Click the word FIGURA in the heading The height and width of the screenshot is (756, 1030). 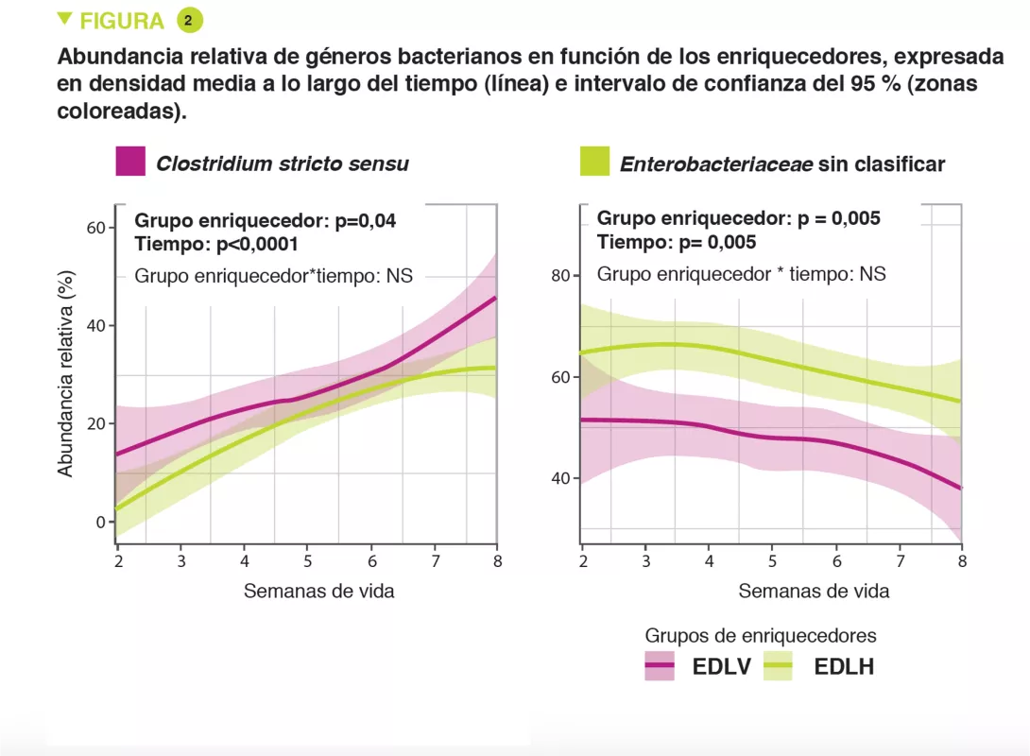click(122, 21)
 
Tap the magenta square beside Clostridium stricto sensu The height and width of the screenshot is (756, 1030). click(130, 162)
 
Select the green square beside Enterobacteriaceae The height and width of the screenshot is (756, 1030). click(594, 162)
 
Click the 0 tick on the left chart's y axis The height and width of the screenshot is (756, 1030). click(98, 522)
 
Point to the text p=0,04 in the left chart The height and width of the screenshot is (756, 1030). click(366, 220)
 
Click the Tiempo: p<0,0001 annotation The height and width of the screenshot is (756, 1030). click(216, 244)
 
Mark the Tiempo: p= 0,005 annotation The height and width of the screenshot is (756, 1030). click(676, 242)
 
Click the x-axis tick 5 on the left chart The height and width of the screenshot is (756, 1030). click(308, 561)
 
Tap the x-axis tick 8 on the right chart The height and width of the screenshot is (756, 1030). click(962, 561)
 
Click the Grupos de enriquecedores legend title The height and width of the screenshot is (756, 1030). click(761, 635)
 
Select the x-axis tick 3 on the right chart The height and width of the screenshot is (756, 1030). click(645, 561)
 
